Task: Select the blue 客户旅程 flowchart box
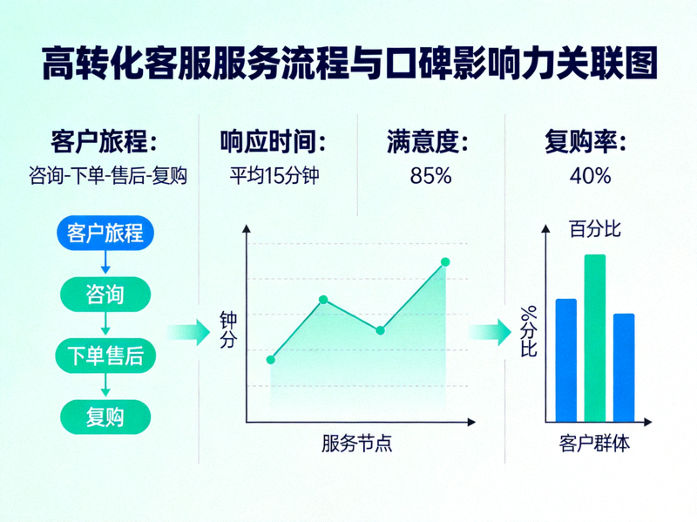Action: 105,234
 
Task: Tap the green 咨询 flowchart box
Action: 105,295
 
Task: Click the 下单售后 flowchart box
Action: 105,356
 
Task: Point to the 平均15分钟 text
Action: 274,175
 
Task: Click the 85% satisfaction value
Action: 430,175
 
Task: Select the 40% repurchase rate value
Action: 590,175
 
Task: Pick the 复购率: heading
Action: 585,140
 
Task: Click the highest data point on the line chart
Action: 445,261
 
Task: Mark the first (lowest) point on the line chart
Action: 271,359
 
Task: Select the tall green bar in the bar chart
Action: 594,338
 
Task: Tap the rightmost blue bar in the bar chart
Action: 624,368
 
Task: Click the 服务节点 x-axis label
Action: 356,444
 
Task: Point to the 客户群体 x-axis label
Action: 594,444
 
